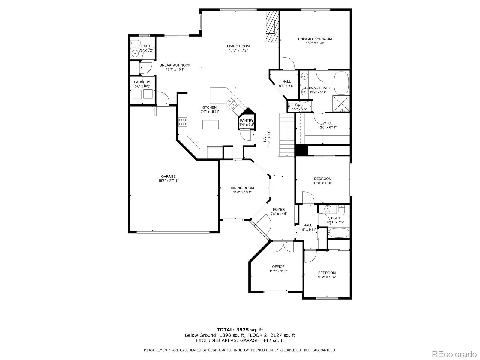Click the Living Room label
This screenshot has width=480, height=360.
(x=238, y=46)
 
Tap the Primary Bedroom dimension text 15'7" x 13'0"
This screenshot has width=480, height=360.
(x=315, y=43)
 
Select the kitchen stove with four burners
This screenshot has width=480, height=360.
(x=183, y=122)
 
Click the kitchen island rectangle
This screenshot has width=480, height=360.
(x=210, y=124)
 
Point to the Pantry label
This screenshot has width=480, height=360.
(x=247, y=120)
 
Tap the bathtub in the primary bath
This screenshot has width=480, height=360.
(x=341, y=82)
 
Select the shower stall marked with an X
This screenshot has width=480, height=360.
(x=341, y=103)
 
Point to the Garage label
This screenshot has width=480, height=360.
(x=168, y=176)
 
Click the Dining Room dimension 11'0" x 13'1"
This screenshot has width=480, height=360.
(x=242, y=192)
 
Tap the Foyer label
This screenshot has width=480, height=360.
(x=279, y=209)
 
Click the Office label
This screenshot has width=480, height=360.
(x=278, y=267)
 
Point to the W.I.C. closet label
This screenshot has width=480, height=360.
(x=327, y=123)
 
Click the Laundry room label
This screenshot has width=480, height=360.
(x=142, y=82)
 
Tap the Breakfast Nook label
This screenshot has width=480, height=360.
(x=175, y=65)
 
